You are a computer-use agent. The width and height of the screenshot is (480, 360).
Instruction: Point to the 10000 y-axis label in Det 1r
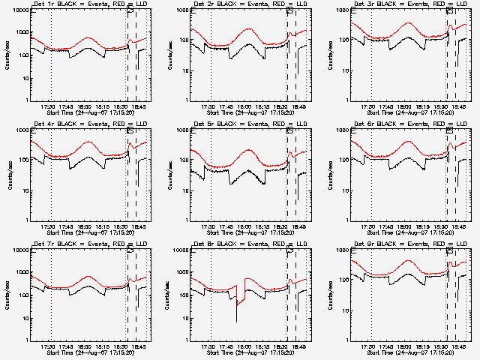pos(19,11)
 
